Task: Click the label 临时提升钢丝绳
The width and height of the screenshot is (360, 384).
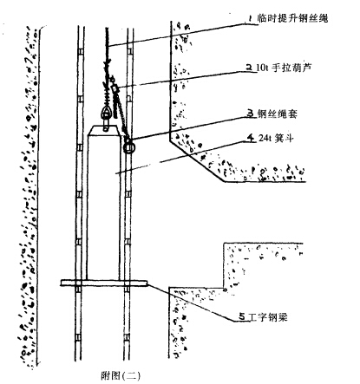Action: (292, 18)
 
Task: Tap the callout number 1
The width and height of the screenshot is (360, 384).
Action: (250, 18)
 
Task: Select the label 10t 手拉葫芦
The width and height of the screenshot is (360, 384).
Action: (285, 68)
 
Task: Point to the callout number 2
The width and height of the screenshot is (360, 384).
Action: (249, 68)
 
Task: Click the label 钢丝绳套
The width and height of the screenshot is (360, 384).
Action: (278, 114)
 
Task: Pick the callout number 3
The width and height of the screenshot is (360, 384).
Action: (251, 113)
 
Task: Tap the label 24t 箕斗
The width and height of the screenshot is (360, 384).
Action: (277, 139)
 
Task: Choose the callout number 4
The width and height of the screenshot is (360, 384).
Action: (251, 138)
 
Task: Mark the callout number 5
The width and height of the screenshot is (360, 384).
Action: (243, 317)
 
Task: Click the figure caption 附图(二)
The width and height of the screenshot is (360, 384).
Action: (121, 375)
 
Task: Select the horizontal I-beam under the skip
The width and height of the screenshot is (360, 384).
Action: (104, 283)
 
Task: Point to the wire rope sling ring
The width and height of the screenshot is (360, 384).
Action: (129, 146)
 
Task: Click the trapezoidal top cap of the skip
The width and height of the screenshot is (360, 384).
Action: (104, 131)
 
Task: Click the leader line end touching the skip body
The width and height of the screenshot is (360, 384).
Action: (115, 173)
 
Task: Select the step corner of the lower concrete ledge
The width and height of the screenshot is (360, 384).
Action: (225, 288)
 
